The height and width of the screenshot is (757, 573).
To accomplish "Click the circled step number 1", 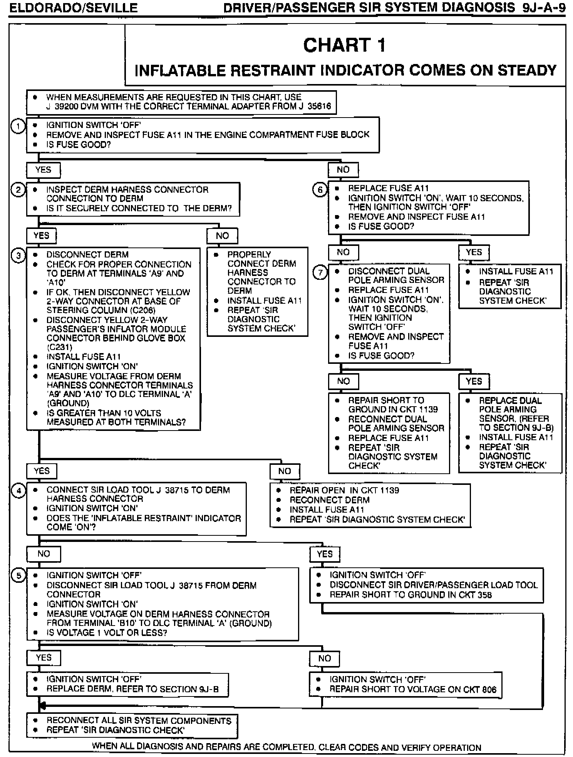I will pyautogui.click(x=18, y=126).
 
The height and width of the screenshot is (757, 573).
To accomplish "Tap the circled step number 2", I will pyautogui.click(x=18, y=190).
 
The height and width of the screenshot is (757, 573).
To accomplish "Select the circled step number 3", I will pyautogui.click(x=18, y=256).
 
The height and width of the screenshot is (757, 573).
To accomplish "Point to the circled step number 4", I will pyautogui.click(x=18, y=491).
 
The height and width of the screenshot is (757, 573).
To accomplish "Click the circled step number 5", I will pyautogui.click(x=18, y=576).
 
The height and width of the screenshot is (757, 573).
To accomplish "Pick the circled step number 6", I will pyautogui.click(x=320, y=190).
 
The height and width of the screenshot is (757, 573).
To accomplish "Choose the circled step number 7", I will pyautogui.click(x=320, y=273).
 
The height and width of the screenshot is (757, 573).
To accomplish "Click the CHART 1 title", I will pyautogui.click(x=344, y=45).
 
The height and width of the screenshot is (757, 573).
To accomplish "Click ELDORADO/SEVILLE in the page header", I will pyautogui.click(x=73, y=8).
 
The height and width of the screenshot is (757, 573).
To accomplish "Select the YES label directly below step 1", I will pyautogui.click(x=43, y=170).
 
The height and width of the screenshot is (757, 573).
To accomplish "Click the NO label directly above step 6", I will pyautogui.click(x=343, y=170).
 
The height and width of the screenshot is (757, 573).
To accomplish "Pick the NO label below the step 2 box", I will pyautogui.click(x=222, y=236).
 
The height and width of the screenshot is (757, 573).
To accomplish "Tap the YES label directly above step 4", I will pyautogui.click(x=42, y=471).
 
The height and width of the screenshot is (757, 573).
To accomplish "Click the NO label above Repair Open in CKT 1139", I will pyautogui.click(x=285, y=471).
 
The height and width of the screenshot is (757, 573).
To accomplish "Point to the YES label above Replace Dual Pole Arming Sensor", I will pyautogui.click(x=474, y=382).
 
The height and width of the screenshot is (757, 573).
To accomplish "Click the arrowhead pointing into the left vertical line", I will pyautogui.click(x=43, y=706).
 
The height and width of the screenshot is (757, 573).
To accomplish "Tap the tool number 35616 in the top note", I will pyautogui.click(x=320, y=107).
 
